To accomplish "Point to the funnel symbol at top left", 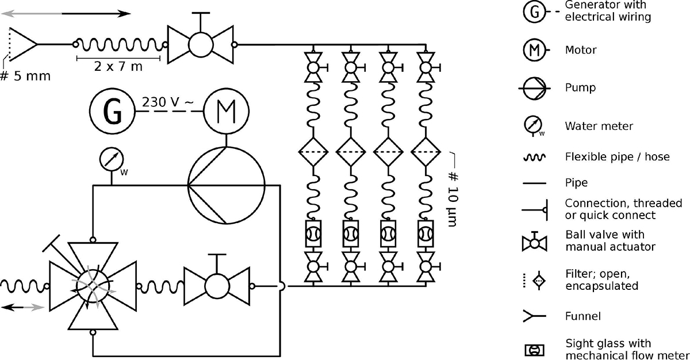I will tap(23, 44).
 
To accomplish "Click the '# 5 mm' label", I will tap(25, 75).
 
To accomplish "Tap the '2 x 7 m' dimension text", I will tap(118, 67).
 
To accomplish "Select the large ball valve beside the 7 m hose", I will tap(200, 44).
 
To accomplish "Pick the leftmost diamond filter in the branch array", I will tap(314, 152).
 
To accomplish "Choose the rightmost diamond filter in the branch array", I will tap(425, 152).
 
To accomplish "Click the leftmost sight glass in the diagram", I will tap(314, 234).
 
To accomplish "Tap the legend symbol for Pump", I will tap(534, 88).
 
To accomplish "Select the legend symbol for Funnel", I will tap(534, 316).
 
